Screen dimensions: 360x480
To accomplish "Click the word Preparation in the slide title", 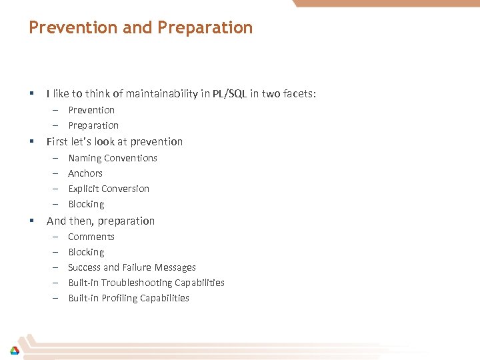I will pos(205,27).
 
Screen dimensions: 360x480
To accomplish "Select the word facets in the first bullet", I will pos(299,94).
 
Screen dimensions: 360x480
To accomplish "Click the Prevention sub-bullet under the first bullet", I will pos(91,110).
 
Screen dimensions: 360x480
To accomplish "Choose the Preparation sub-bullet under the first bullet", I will pos(93,125).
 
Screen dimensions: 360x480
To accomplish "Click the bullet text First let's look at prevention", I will pos(114,141).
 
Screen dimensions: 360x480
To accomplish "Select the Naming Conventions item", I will pos(113,158).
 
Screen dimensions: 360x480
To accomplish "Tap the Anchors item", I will pos(85,173).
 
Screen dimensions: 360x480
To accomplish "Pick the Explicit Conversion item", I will pos(109,189).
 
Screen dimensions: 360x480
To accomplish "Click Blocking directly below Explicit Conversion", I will pos(86,204).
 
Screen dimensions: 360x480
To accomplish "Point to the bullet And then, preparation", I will pos(101,221).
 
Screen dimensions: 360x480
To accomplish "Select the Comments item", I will pos(91,237).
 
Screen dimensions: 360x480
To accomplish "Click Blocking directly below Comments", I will pos(86,252).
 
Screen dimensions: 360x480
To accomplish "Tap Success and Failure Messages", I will pos(132,267).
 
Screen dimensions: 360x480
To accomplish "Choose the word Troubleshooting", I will pos(134,283).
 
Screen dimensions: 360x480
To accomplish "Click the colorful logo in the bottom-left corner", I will pos(14,350).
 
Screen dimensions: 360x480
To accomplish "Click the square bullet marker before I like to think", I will pos(31,94).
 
